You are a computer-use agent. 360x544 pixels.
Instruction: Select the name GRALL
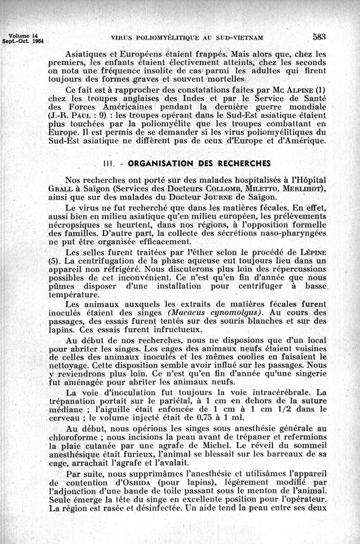[x=61, y=188]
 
